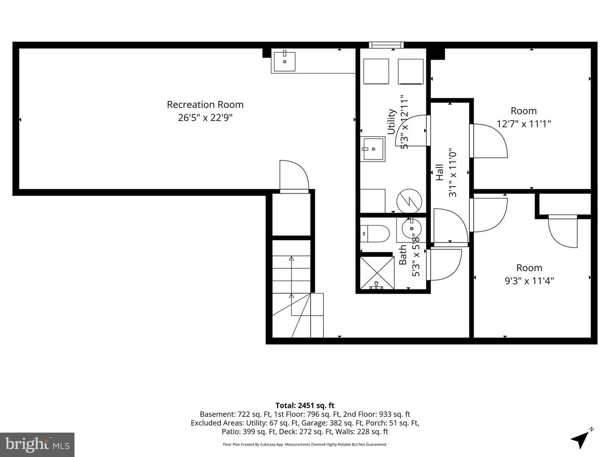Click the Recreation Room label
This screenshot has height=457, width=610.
pos(205,105)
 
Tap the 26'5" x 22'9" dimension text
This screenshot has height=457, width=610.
pos(205,118)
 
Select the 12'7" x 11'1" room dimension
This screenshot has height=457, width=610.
pos(524,124)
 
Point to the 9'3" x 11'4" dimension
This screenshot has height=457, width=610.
pos(529,281)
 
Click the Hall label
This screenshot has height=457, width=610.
pos(440,172)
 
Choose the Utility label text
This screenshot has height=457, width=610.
pos(391,121)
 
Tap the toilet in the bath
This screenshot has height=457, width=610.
pos(375,233)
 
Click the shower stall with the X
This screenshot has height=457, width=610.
pos(377,273)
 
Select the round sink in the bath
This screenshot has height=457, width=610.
pos(411,228)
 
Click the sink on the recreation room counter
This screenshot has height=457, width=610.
pos(285,61)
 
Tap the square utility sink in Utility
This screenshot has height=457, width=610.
pos(373,149)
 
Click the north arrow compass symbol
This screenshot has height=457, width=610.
pos(581,438)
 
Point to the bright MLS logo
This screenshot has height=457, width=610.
pos(37,444)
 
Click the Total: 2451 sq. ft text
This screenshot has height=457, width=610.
pos(305,405)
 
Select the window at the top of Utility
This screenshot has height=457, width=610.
pos(386,45)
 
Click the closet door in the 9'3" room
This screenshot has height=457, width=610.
pos(563,231)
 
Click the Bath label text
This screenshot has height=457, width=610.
pos(403,255)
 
